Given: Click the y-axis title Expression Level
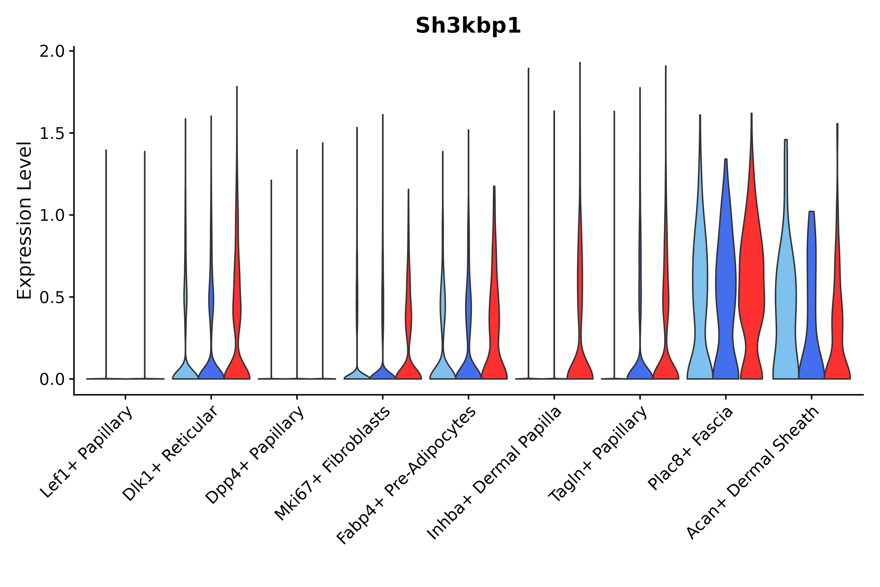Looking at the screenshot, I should [x=24, y=220].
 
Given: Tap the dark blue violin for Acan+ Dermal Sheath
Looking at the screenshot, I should [x=811, y=299].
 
